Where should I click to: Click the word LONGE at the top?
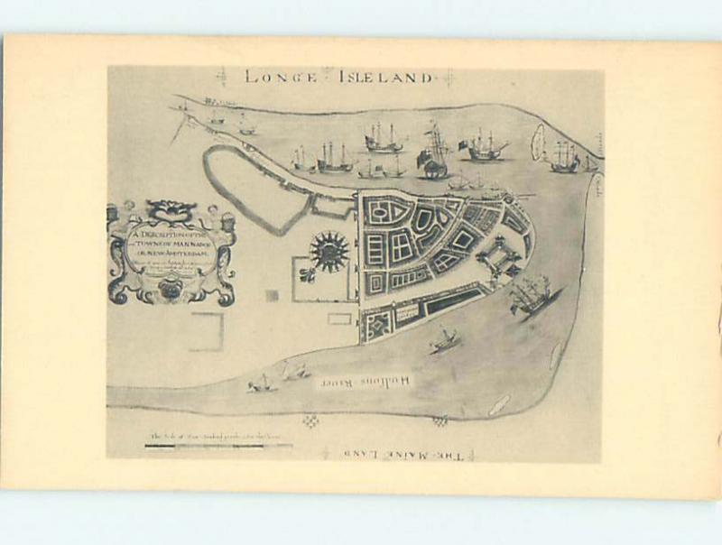coord(280,77)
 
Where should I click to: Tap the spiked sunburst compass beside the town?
coord(329,252)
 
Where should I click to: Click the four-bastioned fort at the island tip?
coord(499,257)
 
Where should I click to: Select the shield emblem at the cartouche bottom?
coord(170,290)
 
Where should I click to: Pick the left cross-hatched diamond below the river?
coord(311,420)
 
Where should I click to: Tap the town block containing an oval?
coord(378,213)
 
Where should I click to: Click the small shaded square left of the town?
coord(272,295)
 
